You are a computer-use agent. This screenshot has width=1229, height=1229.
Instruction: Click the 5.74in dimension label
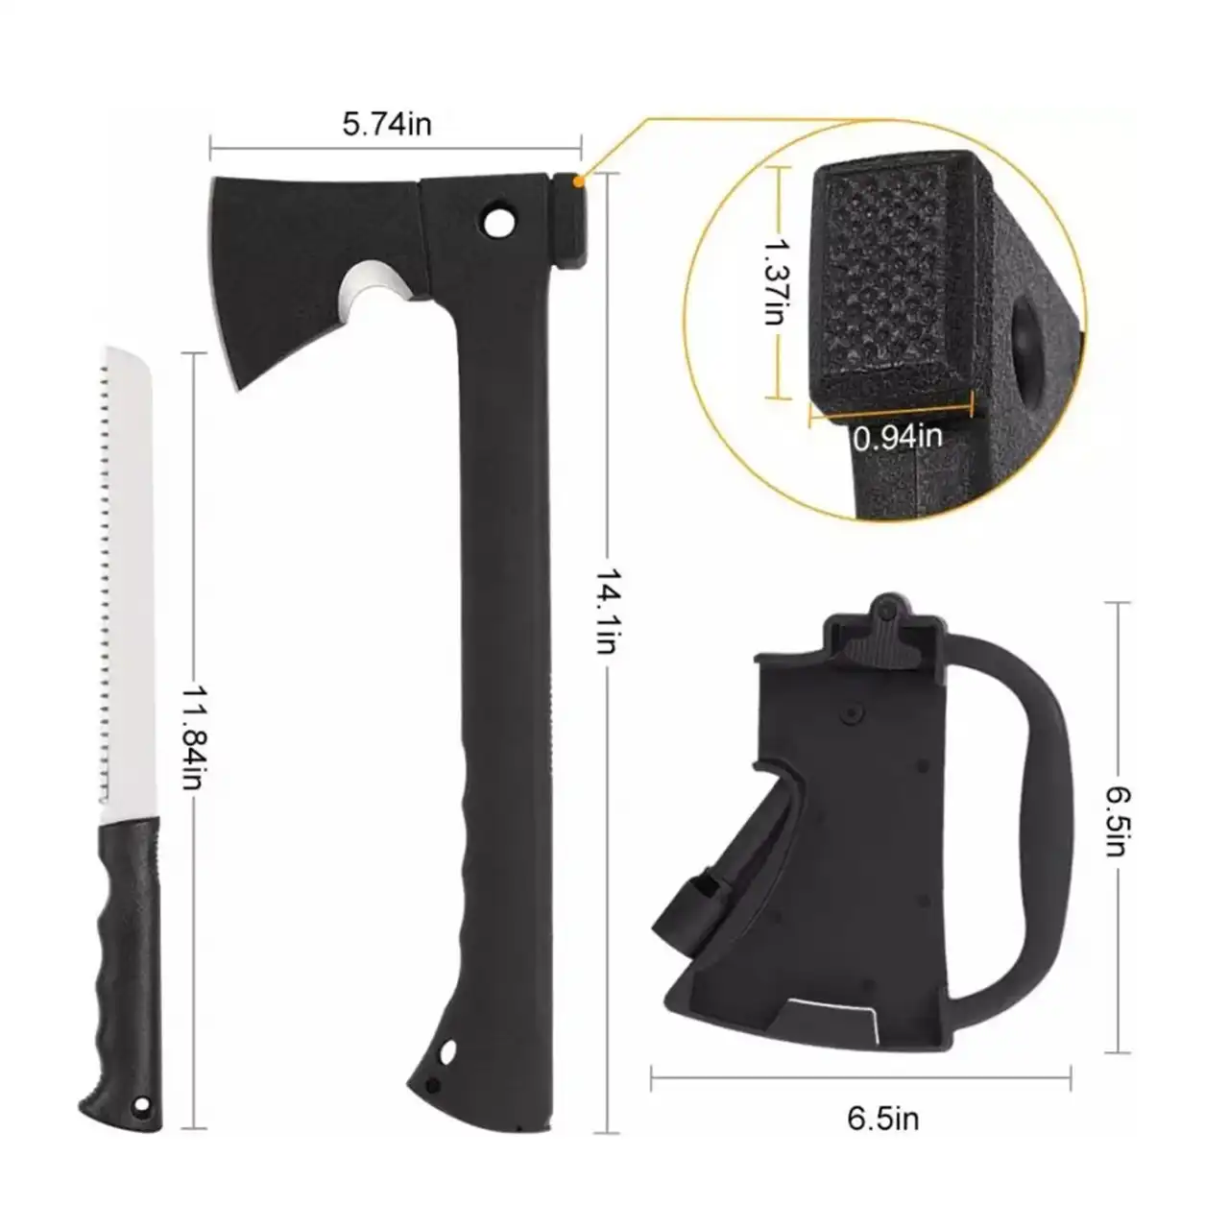tap(387, 123)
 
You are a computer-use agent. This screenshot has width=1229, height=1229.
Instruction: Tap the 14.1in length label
tap(605, 612)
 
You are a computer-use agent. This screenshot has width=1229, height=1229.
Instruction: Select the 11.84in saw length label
tap(193, 738)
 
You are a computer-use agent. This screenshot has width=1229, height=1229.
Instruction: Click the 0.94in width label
tap(898, 438)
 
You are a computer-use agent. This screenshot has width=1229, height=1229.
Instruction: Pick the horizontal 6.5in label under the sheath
tap(882, 1119)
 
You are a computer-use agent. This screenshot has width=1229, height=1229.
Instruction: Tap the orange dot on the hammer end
tap(578, 181)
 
